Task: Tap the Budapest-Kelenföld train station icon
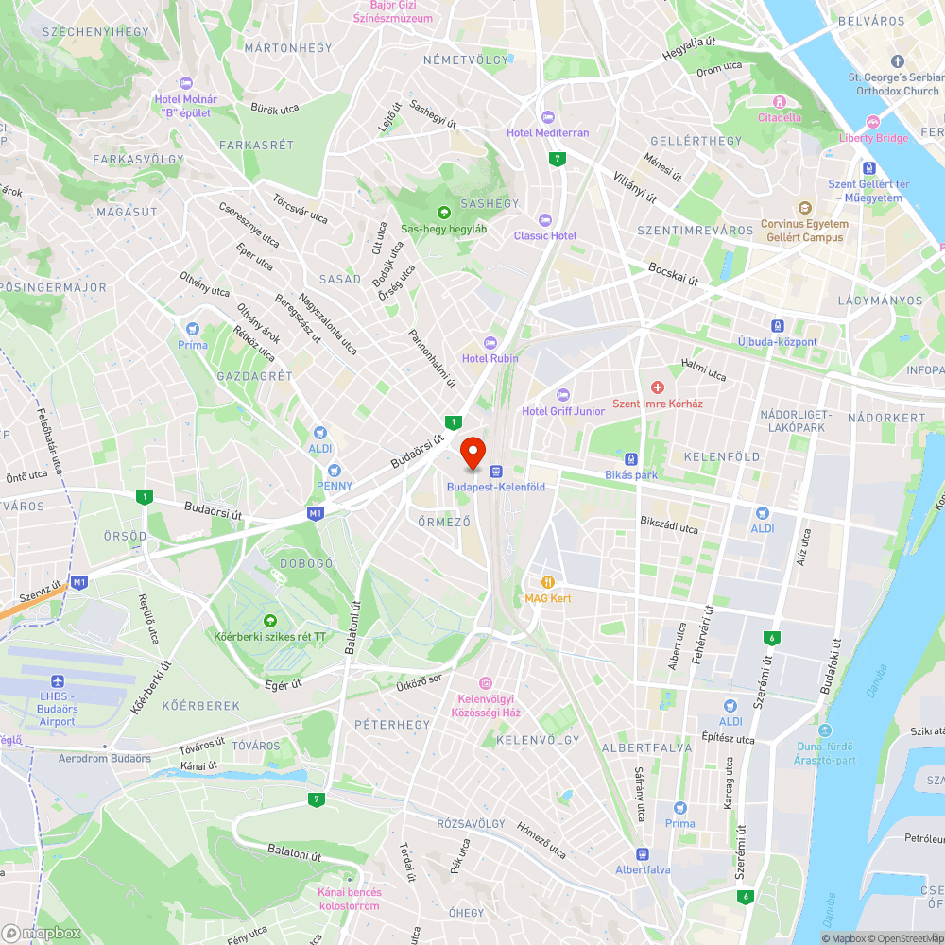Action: pos(494,471)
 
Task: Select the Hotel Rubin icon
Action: pos(490,342)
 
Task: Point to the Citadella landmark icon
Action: pos(780,101)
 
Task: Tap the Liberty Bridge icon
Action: pos(872,122)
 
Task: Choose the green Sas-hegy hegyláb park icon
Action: pos(444,212)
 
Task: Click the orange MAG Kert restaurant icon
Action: pos(547,582)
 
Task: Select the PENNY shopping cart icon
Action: pos(333,470)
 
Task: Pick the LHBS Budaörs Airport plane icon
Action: pos(59,681)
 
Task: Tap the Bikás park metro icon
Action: pos(631,458)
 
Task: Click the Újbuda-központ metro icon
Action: pos(778,325)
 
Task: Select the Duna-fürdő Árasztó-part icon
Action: pos(825,730)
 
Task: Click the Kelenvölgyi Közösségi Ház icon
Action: pos(486,683)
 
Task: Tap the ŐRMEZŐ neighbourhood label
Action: pos(443,521)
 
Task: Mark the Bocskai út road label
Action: pos(673,274)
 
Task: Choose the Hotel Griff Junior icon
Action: pos(563,394)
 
